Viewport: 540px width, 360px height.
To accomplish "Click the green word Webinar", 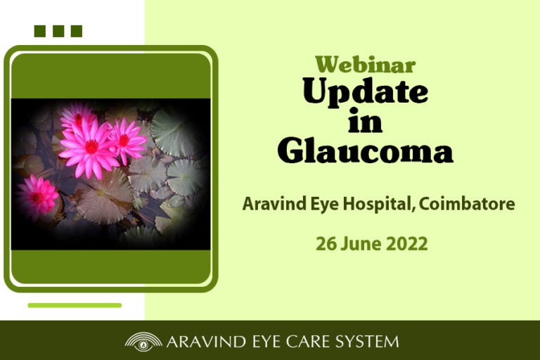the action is tap(366, 64).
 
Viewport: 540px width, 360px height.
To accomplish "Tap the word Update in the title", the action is tap(366, 91).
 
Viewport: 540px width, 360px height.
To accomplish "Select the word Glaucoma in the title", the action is tap(366, 150).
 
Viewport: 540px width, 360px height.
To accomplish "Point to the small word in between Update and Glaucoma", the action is tap(365, 120).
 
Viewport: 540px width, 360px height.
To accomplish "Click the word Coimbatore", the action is tap(467, 204).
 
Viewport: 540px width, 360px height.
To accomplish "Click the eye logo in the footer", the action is tap(143, 342).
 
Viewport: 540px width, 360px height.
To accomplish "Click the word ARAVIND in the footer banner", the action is tap(206, 342).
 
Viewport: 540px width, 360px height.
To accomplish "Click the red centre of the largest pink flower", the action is tap(91, 147).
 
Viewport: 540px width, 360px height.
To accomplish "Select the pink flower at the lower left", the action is tap(37, 196).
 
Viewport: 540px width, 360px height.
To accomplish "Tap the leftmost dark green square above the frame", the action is tap(40, 31).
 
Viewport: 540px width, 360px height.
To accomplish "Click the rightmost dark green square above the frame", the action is tap(77, 31).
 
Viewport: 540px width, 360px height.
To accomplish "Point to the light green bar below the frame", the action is tap(75, 305).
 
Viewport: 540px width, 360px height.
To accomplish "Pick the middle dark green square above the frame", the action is tap(58, 31).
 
